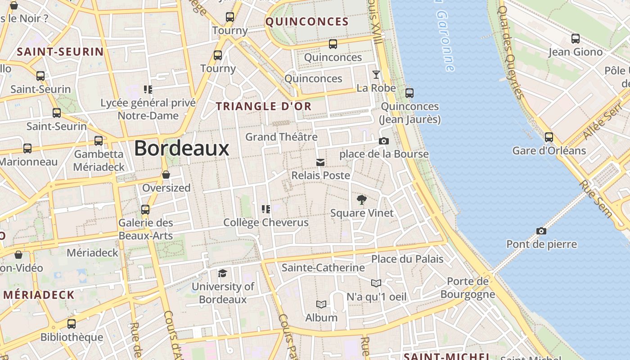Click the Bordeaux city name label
tap(181, 148)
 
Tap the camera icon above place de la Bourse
tap(383, 141)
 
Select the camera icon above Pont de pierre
tap(541, 231)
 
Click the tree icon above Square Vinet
tap(361, 199)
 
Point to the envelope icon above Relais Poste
tap(320, 162)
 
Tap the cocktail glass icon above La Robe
tap(376, 75)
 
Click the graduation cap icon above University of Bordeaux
tap(222, 273)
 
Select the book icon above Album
tap(321, 305)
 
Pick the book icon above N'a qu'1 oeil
tap(376, 283)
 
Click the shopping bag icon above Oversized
tap(166, 175)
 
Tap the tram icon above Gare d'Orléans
tap(549, 137)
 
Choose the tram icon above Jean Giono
tap(575, 39)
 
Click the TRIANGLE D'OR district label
tap(264, 106)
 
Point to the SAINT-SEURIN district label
tap(60, 52)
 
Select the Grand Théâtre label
tap(281, 136)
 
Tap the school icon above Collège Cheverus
tap(266, 209)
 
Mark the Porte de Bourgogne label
tap(468, 288)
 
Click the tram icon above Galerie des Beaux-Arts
tap(145, 210)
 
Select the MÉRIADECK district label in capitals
tap(39, 295)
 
